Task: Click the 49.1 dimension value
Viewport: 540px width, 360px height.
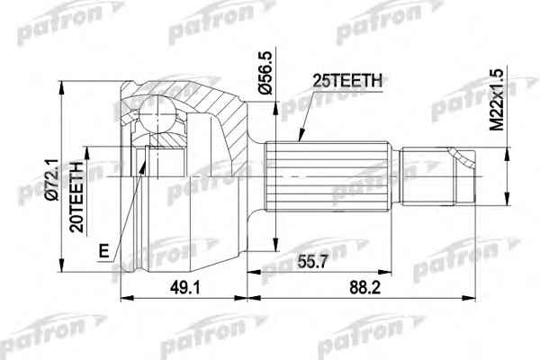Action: coord(184,288)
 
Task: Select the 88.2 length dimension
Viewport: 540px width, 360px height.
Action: coord(365,288)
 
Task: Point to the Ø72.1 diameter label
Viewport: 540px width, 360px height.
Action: coord(53,179)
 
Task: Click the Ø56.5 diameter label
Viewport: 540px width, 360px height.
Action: coord(265,72)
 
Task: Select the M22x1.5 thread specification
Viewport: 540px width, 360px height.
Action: coord(497,99)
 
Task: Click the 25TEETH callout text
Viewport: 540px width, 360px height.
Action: coord(347,81)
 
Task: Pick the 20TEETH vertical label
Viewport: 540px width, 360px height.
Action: coord(76,197)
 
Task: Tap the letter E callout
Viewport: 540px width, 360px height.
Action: coord(104,251)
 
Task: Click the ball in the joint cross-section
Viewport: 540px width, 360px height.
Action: coord(157,113)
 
